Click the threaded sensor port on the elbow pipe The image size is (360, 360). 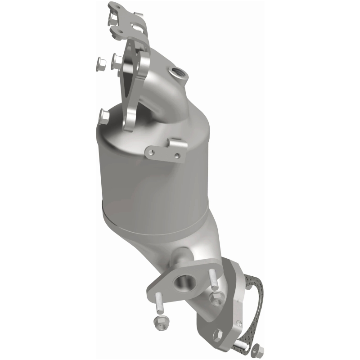[x=175, y=72]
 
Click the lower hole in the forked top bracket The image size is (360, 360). [x=121, y=32]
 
